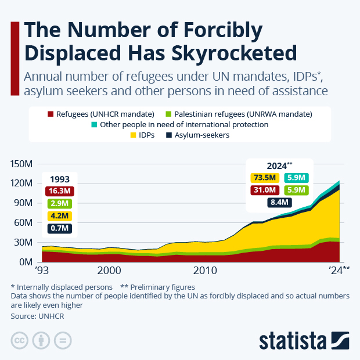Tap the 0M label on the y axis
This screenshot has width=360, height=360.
(28, 262)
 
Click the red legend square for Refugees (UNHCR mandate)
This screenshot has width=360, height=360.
(51, 114)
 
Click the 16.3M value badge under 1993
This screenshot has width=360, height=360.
(59, 190)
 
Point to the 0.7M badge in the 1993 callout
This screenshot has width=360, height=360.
(59, 228)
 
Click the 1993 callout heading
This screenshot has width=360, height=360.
(59, 178)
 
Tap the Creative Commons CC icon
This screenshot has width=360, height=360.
(20, 340)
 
